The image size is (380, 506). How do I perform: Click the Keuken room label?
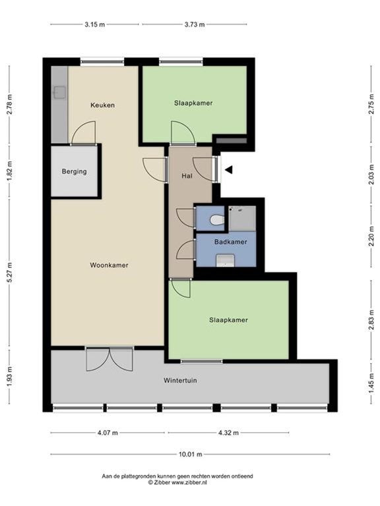coord(102,105)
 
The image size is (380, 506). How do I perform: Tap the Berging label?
coord(74,171)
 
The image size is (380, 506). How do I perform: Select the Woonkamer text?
coord(109,265)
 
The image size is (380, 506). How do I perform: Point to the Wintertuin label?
coord(180,380)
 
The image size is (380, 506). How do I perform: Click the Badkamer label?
coord(231,242)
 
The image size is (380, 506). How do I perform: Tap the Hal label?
coord(187,177)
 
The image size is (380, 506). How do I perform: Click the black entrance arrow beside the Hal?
coord(228,170)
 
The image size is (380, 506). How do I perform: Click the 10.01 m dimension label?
coord(190,454)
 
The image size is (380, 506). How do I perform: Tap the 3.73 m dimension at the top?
coord(194,24)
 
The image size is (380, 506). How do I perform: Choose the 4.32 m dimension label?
coord(228,433)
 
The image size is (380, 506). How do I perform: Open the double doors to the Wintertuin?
coord(110,358)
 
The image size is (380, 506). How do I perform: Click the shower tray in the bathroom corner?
coord(241,218)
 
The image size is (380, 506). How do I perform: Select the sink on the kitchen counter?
coord(59,92)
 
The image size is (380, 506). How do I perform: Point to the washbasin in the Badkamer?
coord(226,262)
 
